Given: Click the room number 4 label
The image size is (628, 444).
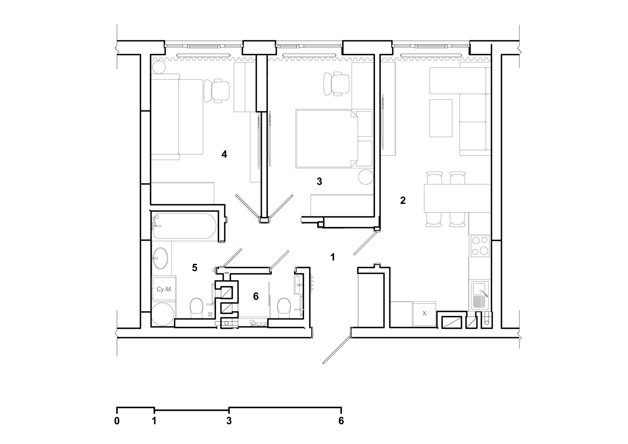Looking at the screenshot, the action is pyautogui.click(x=224, y=154).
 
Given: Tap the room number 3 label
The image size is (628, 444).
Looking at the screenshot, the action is pyautogui.click(x=319, y=181).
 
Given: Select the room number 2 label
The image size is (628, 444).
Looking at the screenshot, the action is pyautogui.click(x=403, y=200).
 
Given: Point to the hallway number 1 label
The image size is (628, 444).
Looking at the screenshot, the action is pyautogui.click(x=332, y=257).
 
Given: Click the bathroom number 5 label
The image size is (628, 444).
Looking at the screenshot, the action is pyautogui.click(x=195, y=268).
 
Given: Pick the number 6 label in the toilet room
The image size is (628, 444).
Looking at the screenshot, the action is pyautogui.click(x=256, y=296).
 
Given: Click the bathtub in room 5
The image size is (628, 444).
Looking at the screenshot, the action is pyautogui.click(x=184, y=226).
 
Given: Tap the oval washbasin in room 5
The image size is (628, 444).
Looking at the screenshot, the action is pyautogui.click(x=160, y=258).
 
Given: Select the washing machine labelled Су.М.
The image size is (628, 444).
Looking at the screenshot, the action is pyautogui.click(x=164, y=289).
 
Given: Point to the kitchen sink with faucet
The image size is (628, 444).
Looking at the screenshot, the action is pyautogui.click(x=480, y=295).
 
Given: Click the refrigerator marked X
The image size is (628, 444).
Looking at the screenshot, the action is pyautogui.click(x=424, y=314).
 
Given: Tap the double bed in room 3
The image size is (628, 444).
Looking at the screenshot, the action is pyautogui.click(x=327, y=139).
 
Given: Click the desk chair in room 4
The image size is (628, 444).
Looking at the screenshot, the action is pyautogui.click(x=217, y=91).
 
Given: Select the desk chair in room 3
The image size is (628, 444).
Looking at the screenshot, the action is pyautogui.click(x=336, y=84).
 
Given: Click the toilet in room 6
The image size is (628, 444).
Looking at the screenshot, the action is pyautogui.click(x=284, y=308).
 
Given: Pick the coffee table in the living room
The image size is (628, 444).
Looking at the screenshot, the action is pyautogui.click(x=441, y=118).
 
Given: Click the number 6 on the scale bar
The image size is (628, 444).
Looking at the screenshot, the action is pyautogui.click(x=341, y=421).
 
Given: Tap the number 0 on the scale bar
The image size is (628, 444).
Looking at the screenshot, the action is pyautogui.click(x=117, y=421).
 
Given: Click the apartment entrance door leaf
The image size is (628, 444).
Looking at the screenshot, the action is pyautogui.click(x=337, y=350).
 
